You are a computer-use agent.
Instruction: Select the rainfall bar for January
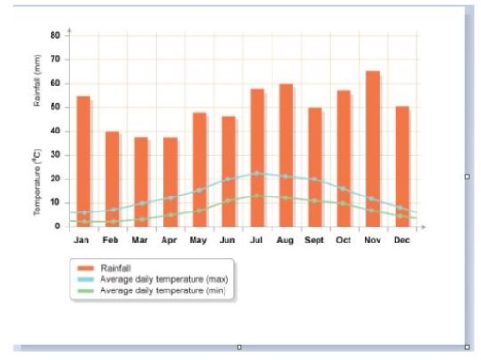pos(84,160)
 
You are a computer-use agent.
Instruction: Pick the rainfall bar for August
pos(286,154)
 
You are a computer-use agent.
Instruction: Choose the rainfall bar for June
pos(228,170)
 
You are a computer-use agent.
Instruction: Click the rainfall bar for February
pos(113,178)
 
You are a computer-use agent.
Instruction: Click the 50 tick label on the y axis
pos(55,106)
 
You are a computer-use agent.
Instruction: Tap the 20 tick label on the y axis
pos(55,179)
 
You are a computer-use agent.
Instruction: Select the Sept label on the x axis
pos(314,241)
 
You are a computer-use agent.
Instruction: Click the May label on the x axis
pos(198,241)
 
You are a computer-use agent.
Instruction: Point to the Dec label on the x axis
pos(402,241)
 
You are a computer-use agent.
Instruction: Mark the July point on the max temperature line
pos(256,173)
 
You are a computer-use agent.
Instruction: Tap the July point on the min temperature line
pos(256,196)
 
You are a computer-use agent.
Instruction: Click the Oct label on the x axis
pos(344,241)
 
